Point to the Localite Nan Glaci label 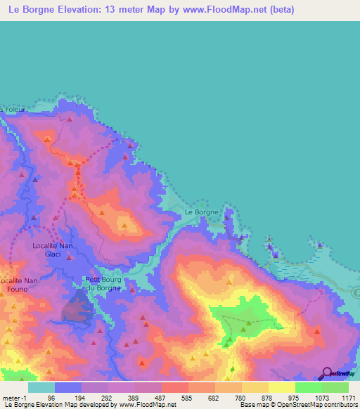pos(53,249)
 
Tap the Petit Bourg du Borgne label pos(103,283)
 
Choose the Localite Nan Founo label pos(19,285)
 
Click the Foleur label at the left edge pos(13,110)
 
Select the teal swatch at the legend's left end pos(41,387)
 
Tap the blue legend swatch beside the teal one pos(68,387)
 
